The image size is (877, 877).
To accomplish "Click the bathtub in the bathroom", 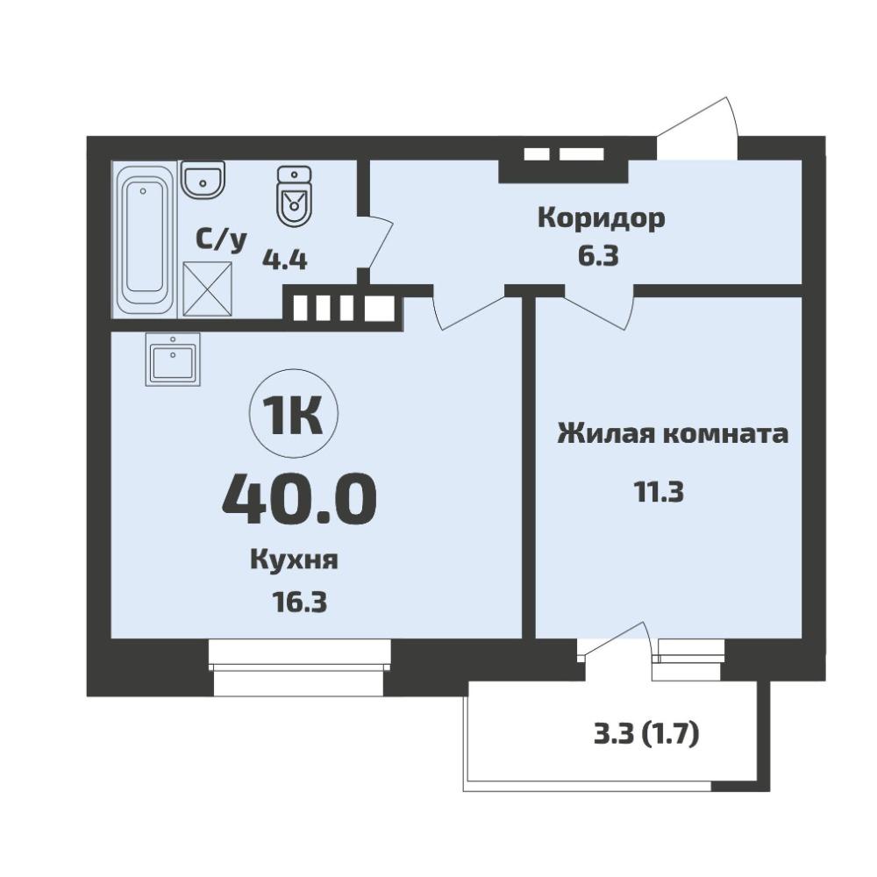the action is (144, 239).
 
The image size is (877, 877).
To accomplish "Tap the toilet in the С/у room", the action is (294, 196).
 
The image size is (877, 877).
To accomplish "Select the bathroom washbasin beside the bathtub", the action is (203, 180).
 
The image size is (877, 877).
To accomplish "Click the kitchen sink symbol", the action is (172, 359).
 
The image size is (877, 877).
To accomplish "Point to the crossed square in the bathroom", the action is (208, 289).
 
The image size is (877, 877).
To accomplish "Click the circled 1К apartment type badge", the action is (294, 414).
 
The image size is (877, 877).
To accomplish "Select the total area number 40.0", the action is (299, 499).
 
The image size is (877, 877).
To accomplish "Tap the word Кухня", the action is (294, 560).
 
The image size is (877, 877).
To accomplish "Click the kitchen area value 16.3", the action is (299, 602).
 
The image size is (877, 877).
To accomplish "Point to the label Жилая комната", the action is (673, 434).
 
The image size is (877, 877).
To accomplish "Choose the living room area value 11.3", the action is (659, 493).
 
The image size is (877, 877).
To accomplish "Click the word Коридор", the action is (602, 218).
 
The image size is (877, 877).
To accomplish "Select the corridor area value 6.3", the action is (598, 256).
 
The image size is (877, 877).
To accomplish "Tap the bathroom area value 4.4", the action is (285, 260).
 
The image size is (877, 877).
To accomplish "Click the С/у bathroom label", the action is (221, 240).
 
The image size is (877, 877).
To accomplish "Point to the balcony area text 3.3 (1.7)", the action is (646, 734).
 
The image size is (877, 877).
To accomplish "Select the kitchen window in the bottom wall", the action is (299, 667).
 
